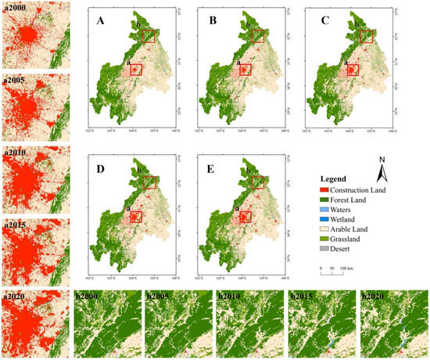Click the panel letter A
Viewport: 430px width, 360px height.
pos(101,21)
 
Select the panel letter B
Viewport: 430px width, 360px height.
pos(212,21)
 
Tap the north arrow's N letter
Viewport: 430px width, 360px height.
pos(383,160)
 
